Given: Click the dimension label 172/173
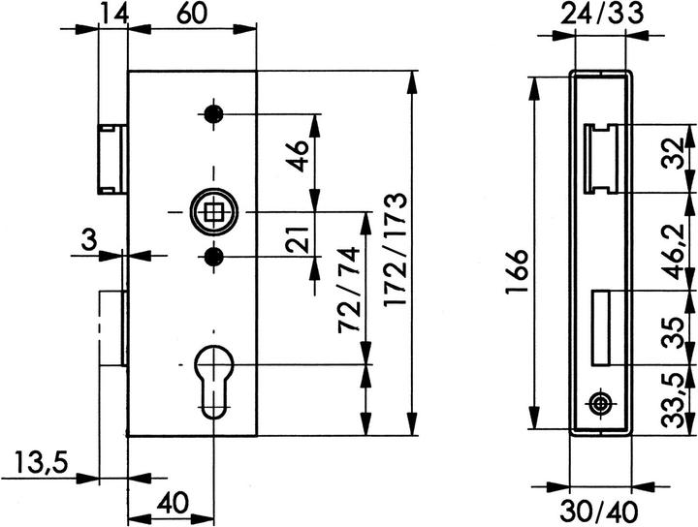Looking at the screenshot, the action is (x=395, y=250).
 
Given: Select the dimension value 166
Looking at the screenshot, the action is (x=517, y=271).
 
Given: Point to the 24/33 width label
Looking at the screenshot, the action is (x=602, y=14).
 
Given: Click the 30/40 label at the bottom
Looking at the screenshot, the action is (x=599, y=513).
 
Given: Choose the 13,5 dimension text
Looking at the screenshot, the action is (x=41, y=462).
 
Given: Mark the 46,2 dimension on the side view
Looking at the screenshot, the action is (x=673, y=251).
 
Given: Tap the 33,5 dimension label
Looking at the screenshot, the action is (x=672, y=401).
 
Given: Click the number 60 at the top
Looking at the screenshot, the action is (x=191, y=14).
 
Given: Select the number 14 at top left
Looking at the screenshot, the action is (x=113, y=13).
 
